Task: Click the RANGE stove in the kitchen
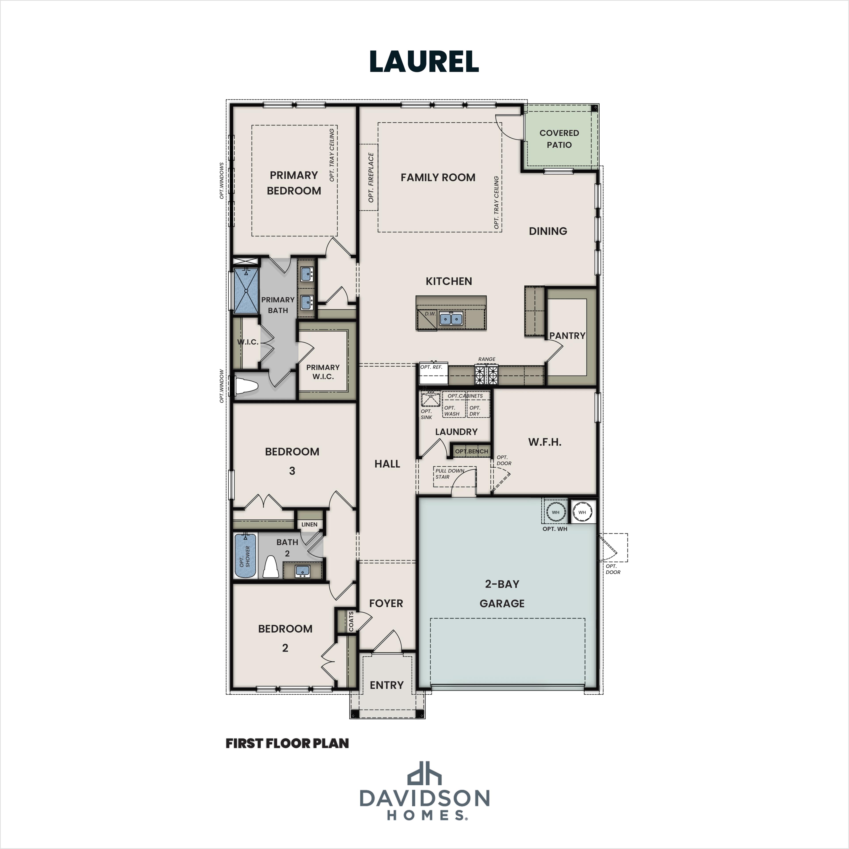click(x=486, y=375)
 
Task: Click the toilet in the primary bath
click(x=246, y=387)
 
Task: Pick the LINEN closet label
click(x=309, y=524)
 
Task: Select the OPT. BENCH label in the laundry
click(x=471, y=451)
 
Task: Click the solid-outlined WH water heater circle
click(x=582, y=512)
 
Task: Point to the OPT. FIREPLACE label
click(x=371, y=178)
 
